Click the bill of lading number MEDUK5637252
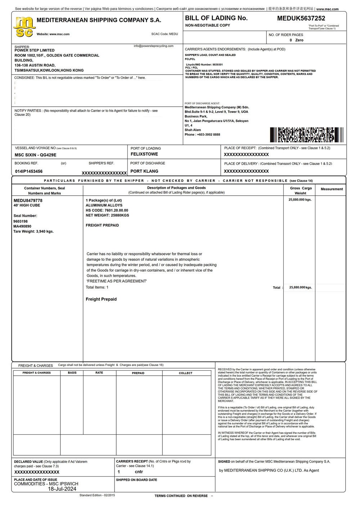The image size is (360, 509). [301, 18]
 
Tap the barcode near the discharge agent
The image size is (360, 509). [306, 135]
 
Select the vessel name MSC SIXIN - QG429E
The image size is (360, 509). [35, 155]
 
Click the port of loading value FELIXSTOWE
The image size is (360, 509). [144, 154]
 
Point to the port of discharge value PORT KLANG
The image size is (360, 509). [144, 171]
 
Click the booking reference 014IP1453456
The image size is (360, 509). [29, 171]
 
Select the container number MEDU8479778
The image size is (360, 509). [28, 200]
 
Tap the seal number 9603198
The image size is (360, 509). [21, 222]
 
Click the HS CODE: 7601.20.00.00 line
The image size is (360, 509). [107, 210]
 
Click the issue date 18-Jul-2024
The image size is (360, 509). [62, 489]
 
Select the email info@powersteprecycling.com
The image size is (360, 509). [153, 46]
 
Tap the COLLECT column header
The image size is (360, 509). [186, 373]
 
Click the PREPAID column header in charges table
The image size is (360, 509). [138, 373]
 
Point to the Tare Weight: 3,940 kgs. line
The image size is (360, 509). [33, 232]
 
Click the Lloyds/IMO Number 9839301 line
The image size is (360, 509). [204, 64]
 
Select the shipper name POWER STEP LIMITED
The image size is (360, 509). [35, 50]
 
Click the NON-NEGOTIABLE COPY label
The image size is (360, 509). [208, 26]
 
